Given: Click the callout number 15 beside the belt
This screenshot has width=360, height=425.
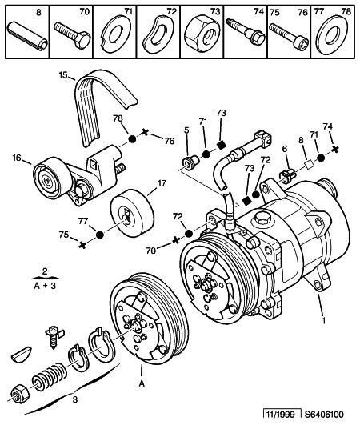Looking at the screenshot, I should click(61, 76).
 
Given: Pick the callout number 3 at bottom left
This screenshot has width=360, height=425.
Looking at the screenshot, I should click(75, 398).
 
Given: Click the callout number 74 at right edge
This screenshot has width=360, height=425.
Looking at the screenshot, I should click(326, 126).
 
